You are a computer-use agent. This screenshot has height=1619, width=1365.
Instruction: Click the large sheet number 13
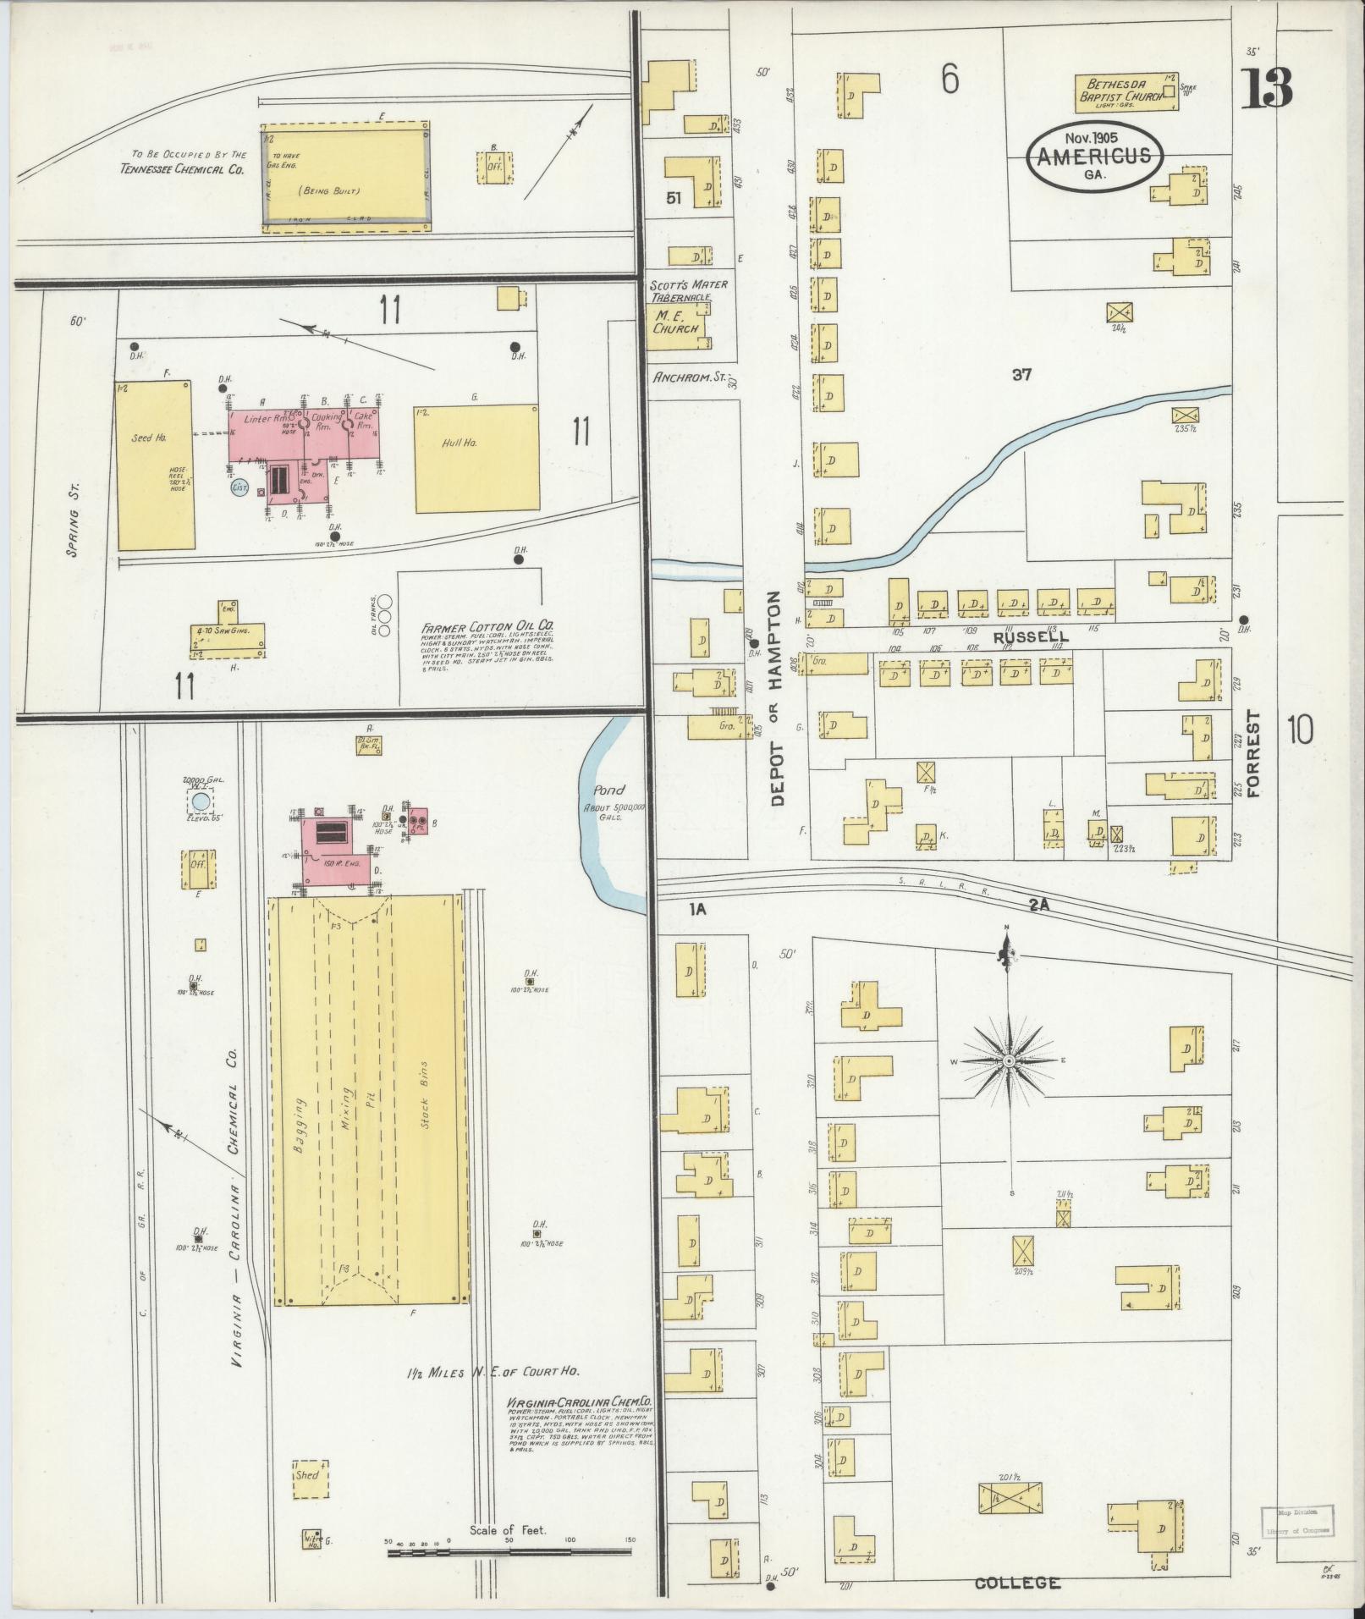[1267, 87]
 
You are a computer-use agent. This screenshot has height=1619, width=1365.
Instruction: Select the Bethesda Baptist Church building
[1126, 91]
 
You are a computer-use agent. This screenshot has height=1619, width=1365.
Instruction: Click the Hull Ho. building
[476, 458]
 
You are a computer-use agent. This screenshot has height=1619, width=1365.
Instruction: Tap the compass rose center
[1008, 1061]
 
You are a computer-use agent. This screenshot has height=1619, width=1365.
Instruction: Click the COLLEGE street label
[1017, 1583]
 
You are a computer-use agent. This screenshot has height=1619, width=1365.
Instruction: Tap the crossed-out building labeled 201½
[1010, 1523]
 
